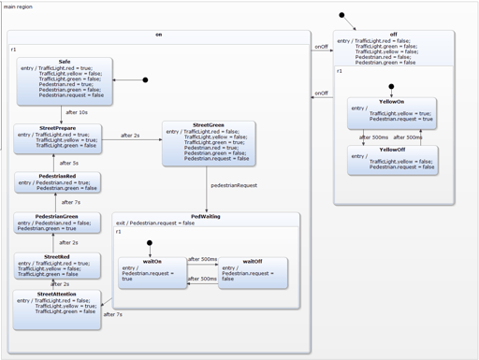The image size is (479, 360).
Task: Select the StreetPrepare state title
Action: (x=58, y=128)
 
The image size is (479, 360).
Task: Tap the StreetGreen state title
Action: (x=208, y=124)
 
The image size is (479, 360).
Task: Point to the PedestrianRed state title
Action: (x=57, y=175)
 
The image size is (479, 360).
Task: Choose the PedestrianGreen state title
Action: (x=57, y=218)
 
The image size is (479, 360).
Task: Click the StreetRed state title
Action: (x=57, y=256)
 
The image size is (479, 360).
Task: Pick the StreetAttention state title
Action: (x=57, y=294)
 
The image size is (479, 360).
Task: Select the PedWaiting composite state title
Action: (x=207, y=216)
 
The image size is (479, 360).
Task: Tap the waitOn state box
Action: (x=151, y=272)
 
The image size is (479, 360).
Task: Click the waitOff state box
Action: (x=252, y=272)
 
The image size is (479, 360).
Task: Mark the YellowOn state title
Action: (x=391, y=101)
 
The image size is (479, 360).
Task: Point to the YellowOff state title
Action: (x=391, y=150)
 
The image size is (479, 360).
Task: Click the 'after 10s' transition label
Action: (x=76, y=112)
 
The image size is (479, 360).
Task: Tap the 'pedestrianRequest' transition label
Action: (x=233, y=186)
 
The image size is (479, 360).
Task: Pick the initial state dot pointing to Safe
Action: (x=144, y=80)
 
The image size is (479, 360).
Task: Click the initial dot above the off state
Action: (x=342, y=15)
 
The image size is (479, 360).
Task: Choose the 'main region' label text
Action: (x=21, y=7)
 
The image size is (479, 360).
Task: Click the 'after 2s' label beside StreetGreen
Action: (x=130, y=136)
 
